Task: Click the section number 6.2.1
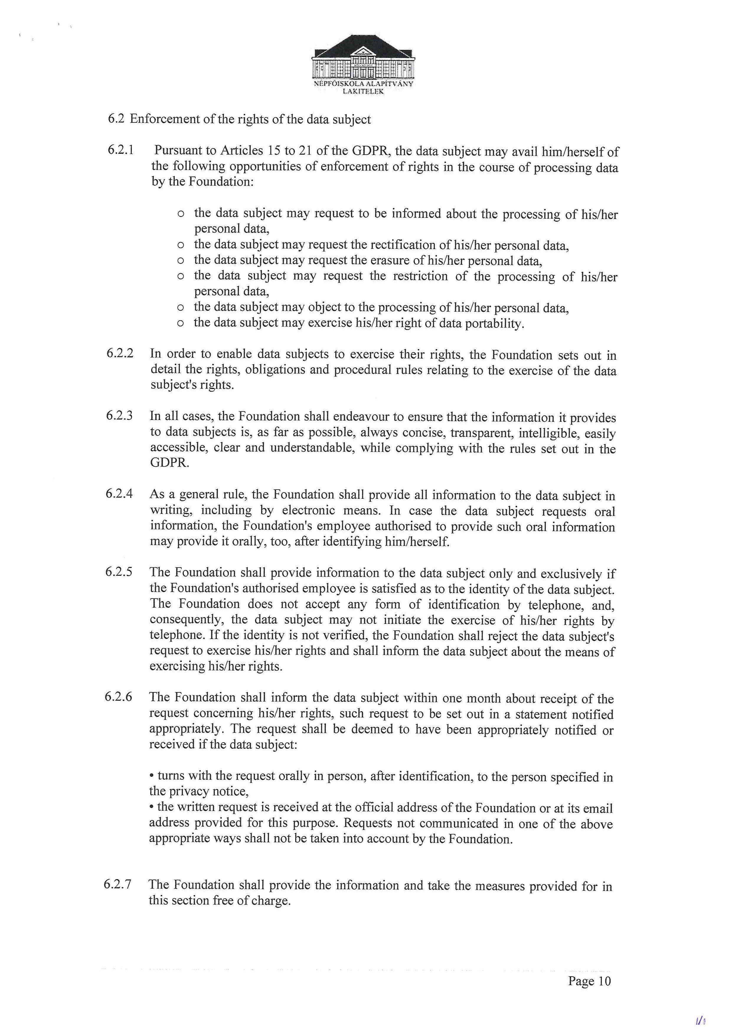[x=120, y=150]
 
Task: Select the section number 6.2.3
[x=120, y=415]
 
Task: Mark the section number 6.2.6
[x=119, y=696]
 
